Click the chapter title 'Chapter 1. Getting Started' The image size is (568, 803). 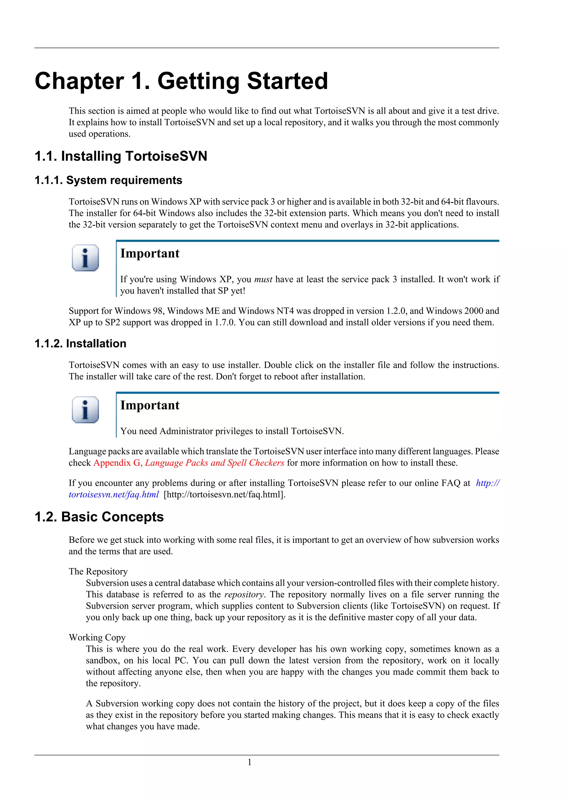click(x=181, y=81)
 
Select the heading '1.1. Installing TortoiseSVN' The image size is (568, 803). click(x=121, y=156)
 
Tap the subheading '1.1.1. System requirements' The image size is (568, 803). click(x=108, y=180)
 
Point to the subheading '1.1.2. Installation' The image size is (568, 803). click(x=80, y=344)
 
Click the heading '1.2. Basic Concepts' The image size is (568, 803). click(x=99, y=517)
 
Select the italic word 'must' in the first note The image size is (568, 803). click(x=263, y=279)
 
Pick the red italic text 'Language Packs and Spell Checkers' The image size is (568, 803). click(x=214, y=463)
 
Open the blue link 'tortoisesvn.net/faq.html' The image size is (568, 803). click(x=114, y=495)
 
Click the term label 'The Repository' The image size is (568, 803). click(x=98, y=571)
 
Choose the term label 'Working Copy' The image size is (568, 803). click(x=97, y=637)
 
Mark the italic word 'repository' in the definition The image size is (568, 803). click(x=244, y=594)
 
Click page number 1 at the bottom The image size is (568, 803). click(x=249, y=763)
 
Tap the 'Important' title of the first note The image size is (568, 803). click(x=150, y=253)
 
